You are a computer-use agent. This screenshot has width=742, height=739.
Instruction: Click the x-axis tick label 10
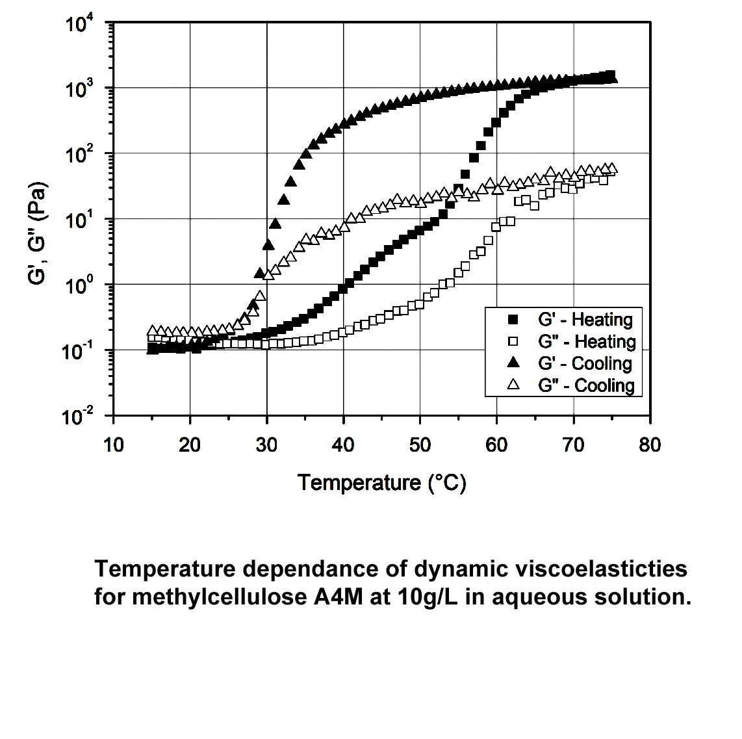point(114,445)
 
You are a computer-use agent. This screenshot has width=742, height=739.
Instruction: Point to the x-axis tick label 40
point(344,445)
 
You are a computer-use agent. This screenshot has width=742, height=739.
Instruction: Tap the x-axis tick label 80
point(650,445)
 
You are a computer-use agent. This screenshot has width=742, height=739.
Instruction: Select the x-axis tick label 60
point(497,445)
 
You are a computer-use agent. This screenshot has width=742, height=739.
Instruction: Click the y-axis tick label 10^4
point(80,24)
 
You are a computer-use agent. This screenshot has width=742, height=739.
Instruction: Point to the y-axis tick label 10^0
point(80,286)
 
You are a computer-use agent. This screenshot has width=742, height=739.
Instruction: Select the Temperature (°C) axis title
point(382,483)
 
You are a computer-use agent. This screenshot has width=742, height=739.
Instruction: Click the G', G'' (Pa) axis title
point(38,233)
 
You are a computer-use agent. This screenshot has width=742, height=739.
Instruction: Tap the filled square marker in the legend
point(513,320)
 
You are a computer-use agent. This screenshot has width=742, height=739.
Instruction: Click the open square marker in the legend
point(513,341)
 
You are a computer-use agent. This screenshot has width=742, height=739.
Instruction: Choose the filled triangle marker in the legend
point(513,363)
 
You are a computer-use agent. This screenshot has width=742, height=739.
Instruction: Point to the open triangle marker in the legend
point(513,385)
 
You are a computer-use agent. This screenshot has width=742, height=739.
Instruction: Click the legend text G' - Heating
point(585,320)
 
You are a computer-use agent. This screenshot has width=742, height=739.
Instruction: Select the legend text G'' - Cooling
point(586,385)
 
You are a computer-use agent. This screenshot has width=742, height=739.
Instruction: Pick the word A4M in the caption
point(339,597)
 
